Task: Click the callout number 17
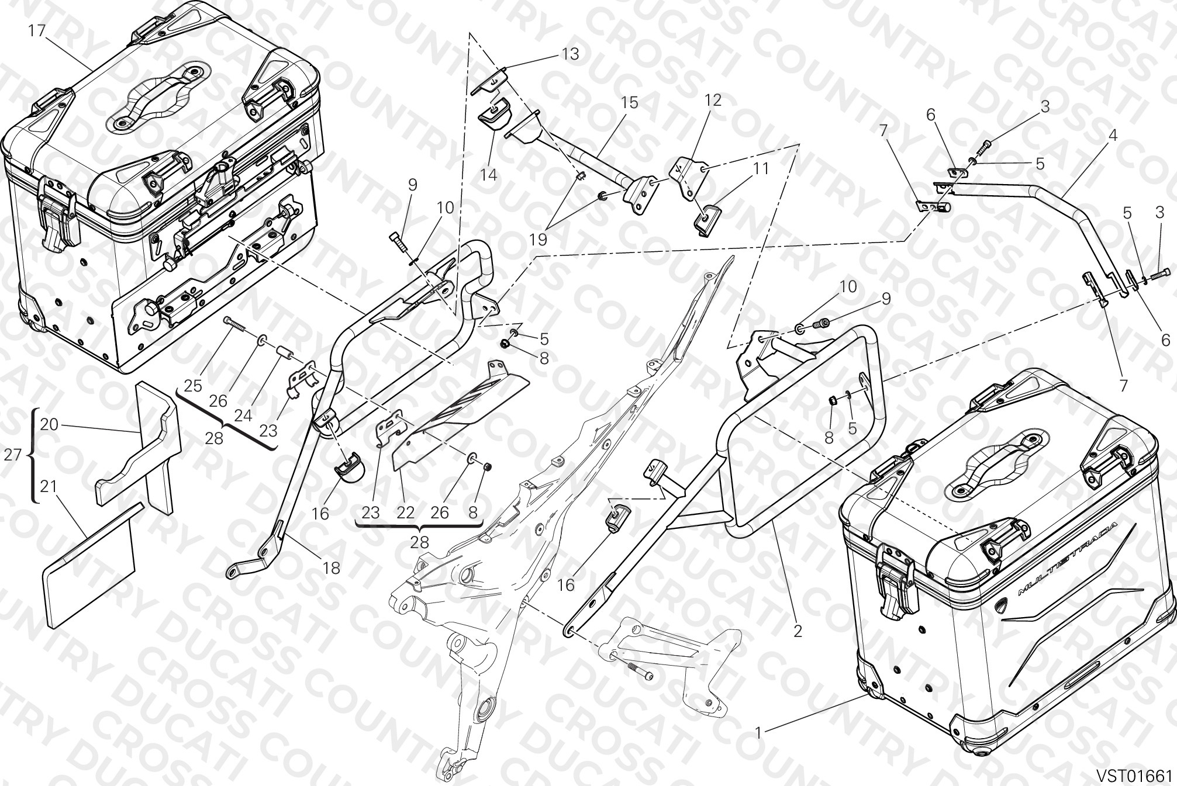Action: [37, 30]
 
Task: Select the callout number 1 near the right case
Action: [758, 732]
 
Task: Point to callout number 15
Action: [629, 103]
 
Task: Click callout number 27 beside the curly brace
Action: [13, 455]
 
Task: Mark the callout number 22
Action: [405, 513]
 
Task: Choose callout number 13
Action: [570, 54]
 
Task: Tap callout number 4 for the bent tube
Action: [1112, 136]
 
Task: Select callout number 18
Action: [332, 568]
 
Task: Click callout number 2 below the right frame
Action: [798, 631]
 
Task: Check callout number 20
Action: [50, 425]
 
